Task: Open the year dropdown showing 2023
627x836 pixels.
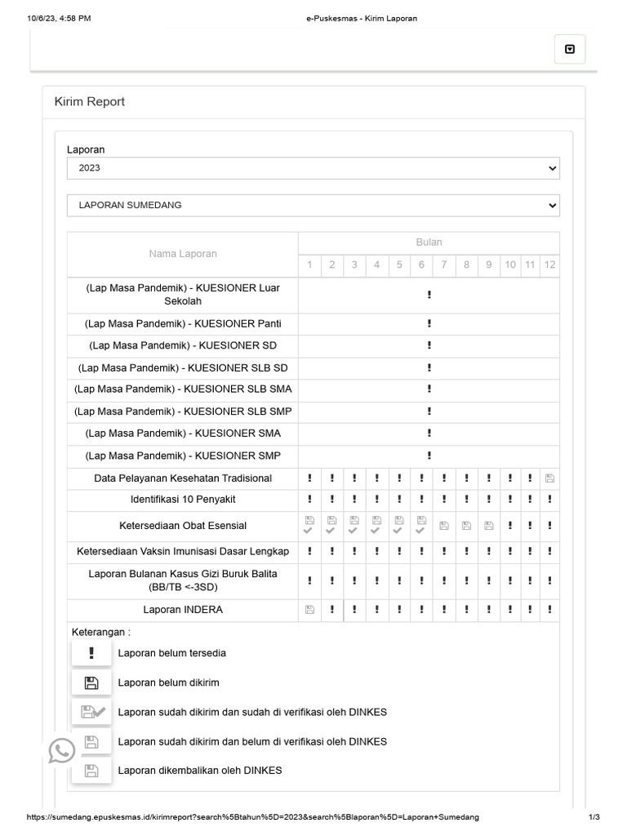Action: coord(313,168)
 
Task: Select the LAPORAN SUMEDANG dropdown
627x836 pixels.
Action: coord(313,205)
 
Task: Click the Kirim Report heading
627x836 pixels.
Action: coord(90,102)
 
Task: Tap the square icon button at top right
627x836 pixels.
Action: coord(570,49)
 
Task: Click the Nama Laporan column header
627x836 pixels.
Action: coord(183,254)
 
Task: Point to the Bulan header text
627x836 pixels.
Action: coord(429,242)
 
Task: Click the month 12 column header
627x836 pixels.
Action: coord(549,265)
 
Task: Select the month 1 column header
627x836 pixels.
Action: coord(309,265)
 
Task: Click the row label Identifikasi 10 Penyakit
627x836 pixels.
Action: coord(183,499)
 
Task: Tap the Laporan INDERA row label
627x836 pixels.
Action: coord(183,610)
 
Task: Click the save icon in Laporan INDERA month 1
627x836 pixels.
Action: coord(309,610)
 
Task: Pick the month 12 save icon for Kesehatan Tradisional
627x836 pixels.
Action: coord(549,478)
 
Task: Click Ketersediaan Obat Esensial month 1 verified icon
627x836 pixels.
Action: coord(309,525)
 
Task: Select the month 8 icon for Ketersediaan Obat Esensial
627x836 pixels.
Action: coord(466,526)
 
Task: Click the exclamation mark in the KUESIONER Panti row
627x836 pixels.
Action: coord(429,324)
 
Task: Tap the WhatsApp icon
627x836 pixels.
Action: coord(62,750)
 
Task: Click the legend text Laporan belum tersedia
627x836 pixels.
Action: coord(172,653)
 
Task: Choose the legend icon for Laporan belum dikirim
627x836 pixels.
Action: coord(91,683)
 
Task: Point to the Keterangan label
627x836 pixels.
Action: coord(101,632)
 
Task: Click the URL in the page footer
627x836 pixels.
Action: coord(253,817)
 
